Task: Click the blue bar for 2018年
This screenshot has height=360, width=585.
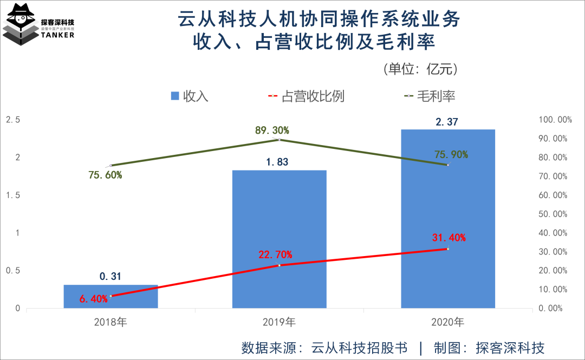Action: click(x=110, y=297)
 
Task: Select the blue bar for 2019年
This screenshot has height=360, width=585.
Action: click(x=279, y=239)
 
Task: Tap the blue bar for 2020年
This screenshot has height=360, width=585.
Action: click(x=447, y=219)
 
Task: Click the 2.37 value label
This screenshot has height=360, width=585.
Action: click(x=447, y=122)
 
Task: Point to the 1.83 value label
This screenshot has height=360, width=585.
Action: click(x=279, y=162)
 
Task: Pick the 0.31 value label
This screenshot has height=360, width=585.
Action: click(x=110, y=277)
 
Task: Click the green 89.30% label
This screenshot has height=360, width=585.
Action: click(x=272, y=130)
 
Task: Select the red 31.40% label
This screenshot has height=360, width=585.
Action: click(x=449, y=238)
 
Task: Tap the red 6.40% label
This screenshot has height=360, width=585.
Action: click(x=93, y=298)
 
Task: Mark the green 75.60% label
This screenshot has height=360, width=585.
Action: click(x=105, y=175)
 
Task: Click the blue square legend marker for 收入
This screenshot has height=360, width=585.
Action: click(x=175, y=96)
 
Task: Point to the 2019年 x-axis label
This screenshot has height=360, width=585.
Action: click(x=279, y=323)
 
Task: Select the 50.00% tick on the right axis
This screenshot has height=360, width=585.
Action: click(x=552, y=214)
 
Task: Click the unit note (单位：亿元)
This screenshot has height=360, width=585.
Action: click(x=421, y=69)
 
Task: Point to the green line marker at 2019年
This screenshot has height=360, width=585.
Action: click(x=279, y=140)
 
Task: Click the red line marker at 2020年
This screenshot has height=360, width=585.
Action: click(x=447, y=248)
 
